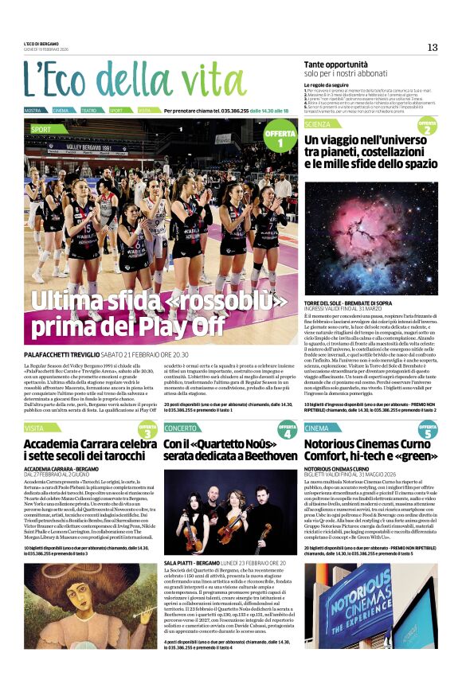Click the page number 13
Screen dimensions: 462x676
(x=433, y=47)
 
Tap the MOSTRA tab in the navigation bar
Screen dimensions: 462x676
(x=33, y=110)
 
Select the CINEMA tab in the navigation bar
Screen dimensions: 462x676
(x=61, y=110)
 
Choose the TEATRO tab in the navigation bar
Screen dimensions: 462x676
(x=89, y=110)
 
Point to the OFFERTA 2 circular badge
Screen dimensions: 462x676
(x=427, y=127)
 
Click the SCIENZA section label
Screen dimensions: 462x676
(x=318, y=124)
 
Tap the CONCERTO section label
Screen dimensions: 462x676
(x=183, y=428)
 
